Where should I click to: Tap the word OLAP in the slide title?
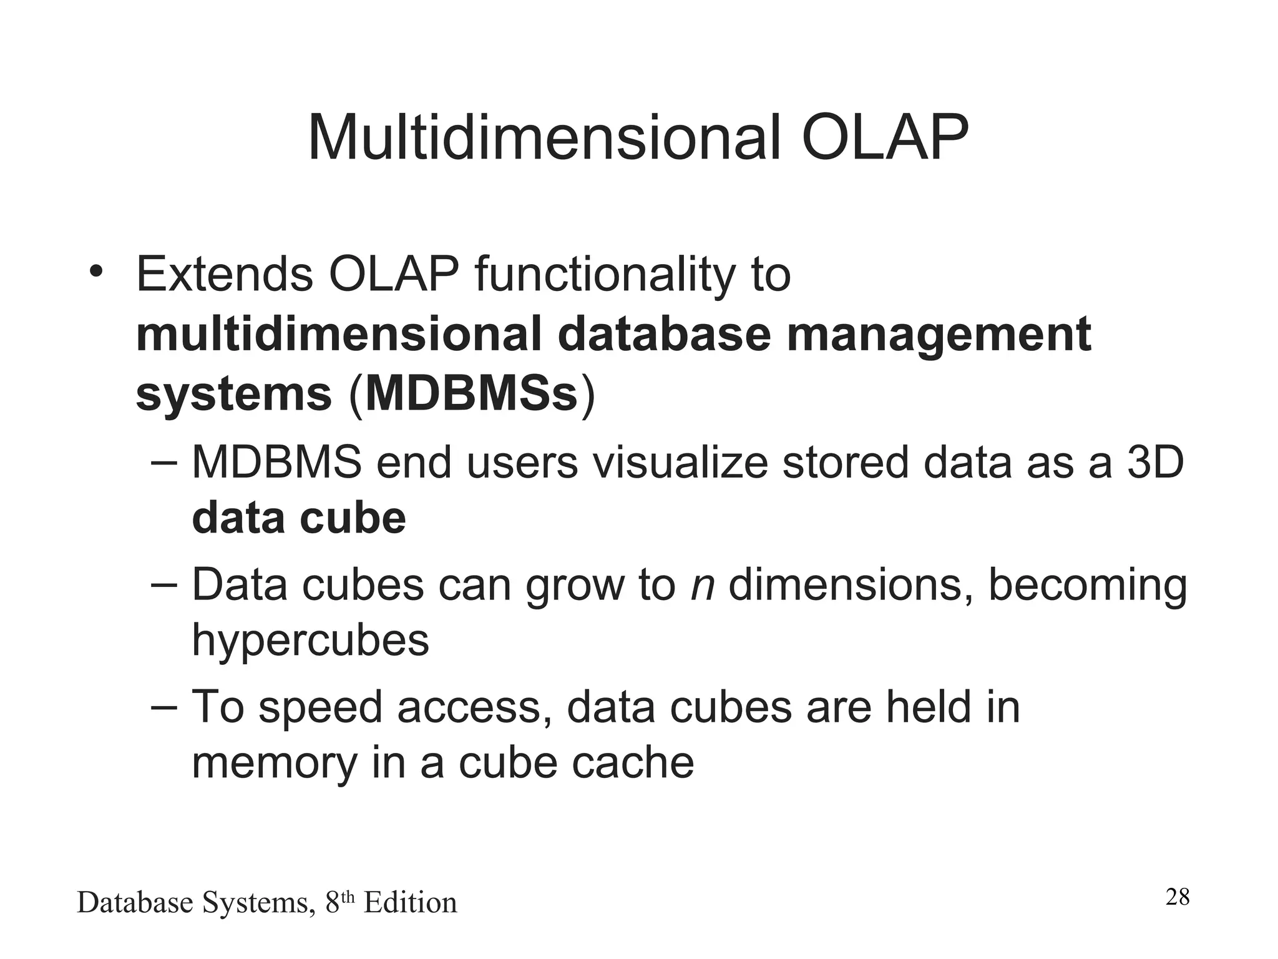(x=885, y=139)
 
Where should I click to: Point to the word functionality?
(x=605, y=275)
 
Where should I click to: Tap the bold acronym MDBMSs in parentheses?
(x=472, y=394)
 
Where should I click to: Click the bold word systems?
(x=233, y=395)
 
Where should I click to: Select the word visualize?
(x=680, y=463)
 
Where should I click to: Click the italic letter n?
(x=702, y=586)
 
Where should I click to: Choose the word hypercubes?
(x=310, y=641)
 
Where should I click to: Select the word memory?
(x=274, y=763)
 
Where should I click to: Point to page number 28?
(x=1177, y=897)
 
